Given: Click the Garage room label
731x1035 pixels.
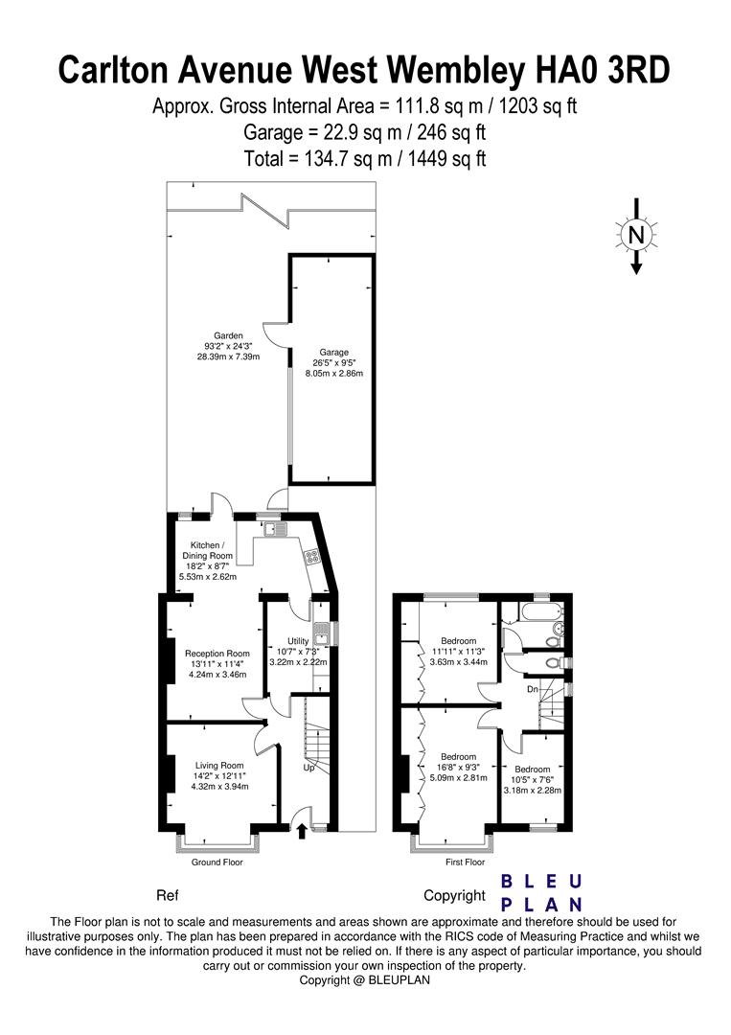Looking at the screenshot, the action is (333, 353).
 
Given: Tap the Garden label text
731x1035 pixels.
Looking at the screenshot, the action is (228, 336).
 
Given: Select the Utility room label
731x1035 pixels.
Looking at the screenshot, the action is (298, 641).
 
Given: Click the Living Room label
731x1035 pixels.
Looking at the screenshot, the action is (219, 766).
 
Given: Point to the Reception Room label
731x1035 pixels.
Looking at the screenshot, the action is (217, 654).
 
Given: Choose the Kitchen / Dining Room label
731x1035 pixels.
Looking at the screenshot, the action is (207, 550).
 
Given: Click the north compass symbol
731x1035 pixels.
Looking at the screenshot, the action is (636, 236).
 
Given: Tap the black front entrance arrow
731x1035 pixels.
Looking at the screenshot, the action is (302, 830).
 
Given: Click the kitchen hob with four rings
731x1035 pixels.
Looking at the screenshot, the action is (310, 557).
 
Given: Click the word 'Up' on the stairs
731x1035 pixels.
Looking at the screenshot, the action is (308, 768).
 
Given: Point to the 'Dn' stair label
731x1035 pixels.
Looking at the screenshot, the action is (533, 689).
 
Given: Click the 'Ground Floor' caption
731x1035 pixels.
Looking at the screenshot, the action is (217, 862).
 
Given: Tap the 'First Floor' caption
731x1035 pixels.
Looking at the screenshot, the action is (465, 862).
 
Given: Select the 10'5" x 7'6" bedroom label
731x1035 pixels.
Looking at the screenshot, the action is (533, 779).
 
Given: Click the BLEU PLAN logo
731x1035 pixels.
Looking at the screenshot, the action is (541, 892).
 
